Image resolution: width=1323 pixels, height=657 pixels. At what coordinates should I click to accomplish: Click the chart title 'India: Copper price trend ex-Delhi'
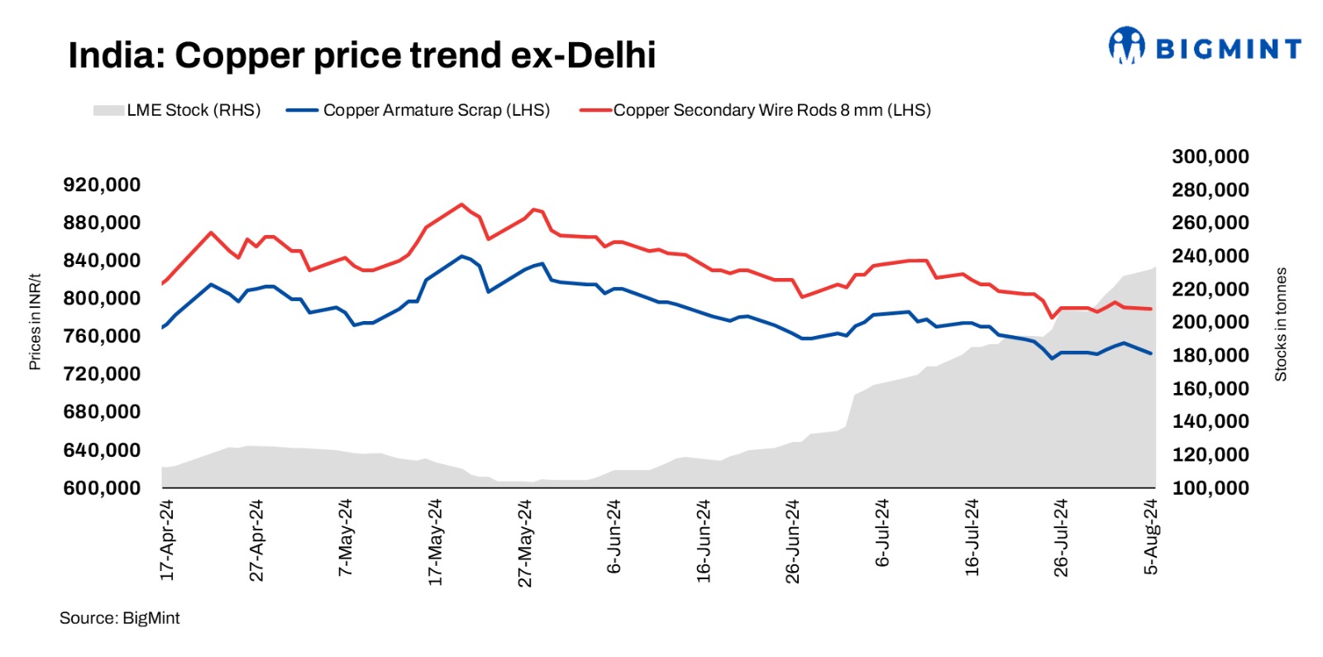point(361,55)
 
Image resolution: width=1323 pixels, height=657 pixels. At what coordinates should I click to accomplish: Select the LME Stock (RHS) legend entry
point(177,110)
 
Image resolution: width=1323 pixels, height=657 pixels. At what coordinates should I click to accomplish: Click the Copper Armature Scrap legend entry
point(418,110)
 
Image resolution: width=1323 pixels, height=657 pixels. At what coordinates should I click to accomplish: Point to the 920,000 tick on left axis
point(102,185)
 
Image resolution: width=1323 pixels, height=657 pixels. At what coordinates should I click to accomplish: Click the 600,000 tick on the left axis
point(102,488)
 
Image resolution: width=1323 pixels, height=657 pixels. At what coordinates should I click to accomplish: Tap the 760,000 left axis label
point(102,336)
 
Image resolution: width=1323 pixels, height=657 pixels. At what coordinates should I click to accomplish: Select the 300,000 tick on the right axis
point(1210,156)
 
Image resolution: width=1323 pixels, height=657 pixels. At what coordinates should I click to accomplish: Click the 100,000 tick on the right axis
point(1210,488)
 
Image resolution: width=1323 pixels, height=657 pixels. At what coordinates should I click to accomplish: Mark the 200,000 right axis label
point(1210,322)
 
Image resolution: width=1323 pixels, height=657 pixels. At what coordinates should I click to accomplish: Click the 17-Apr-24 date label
point(167,540)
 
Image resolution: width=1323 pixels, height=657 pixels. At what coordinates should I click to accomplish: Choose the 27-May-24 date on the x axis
point(525,543)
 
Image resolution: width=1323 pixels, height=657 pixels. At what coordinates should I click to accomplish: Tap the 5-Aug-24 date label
point(1151,536)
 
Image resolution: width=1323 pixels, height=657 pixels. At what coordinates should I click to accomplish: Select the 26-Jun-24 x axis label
point(793,541)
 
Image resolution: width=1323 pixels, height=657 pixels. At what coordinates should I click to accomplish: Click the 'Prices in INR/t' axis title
point(35,322)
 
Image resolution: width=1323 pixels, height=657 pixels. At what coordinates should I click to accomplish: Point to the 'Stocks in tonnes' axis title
point(1281,324)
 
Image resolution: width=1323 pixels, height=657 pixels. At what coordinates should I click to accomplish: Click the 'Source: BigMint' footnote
point(119,618)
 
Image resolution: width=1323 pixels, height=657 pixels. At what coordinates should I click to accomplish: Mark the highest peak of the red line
point(461,204)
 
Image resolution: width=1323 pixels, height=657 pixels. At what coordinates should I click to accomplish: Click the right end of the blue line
point(1151,353)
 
